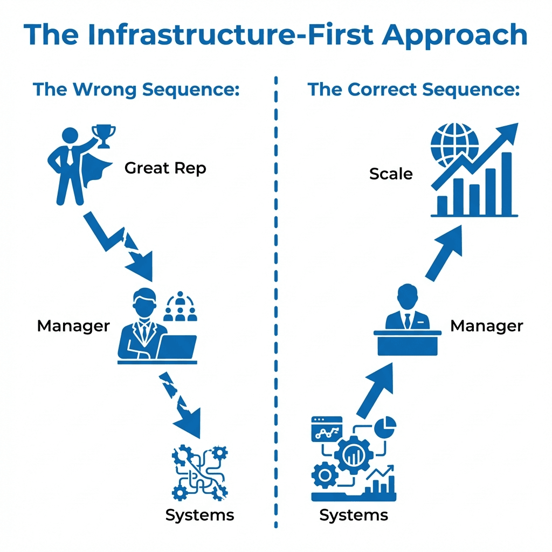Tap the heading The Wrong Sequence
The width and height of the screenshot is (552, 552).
(x=136, y=89)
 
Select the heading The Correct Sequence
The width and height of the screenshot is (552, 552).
(x=413, y=89)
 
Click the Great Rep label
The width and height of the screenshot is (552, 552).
(x=165, y=168)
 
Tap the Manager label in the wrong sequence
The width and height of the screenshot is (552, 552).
(x=73, y=326)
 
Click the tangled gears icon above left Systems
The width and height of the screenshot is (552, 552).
(x=199, y=472)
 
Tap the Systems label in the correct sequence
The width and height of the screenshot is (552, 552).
(x=354, y=515)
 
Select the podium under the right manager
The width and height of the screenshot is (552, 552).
(x=407, y=342)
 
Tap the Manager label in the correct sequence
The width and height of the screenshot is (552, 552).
(x=486, y=326)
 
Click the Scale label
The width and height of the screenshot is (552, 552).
(x=391, y=174)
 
